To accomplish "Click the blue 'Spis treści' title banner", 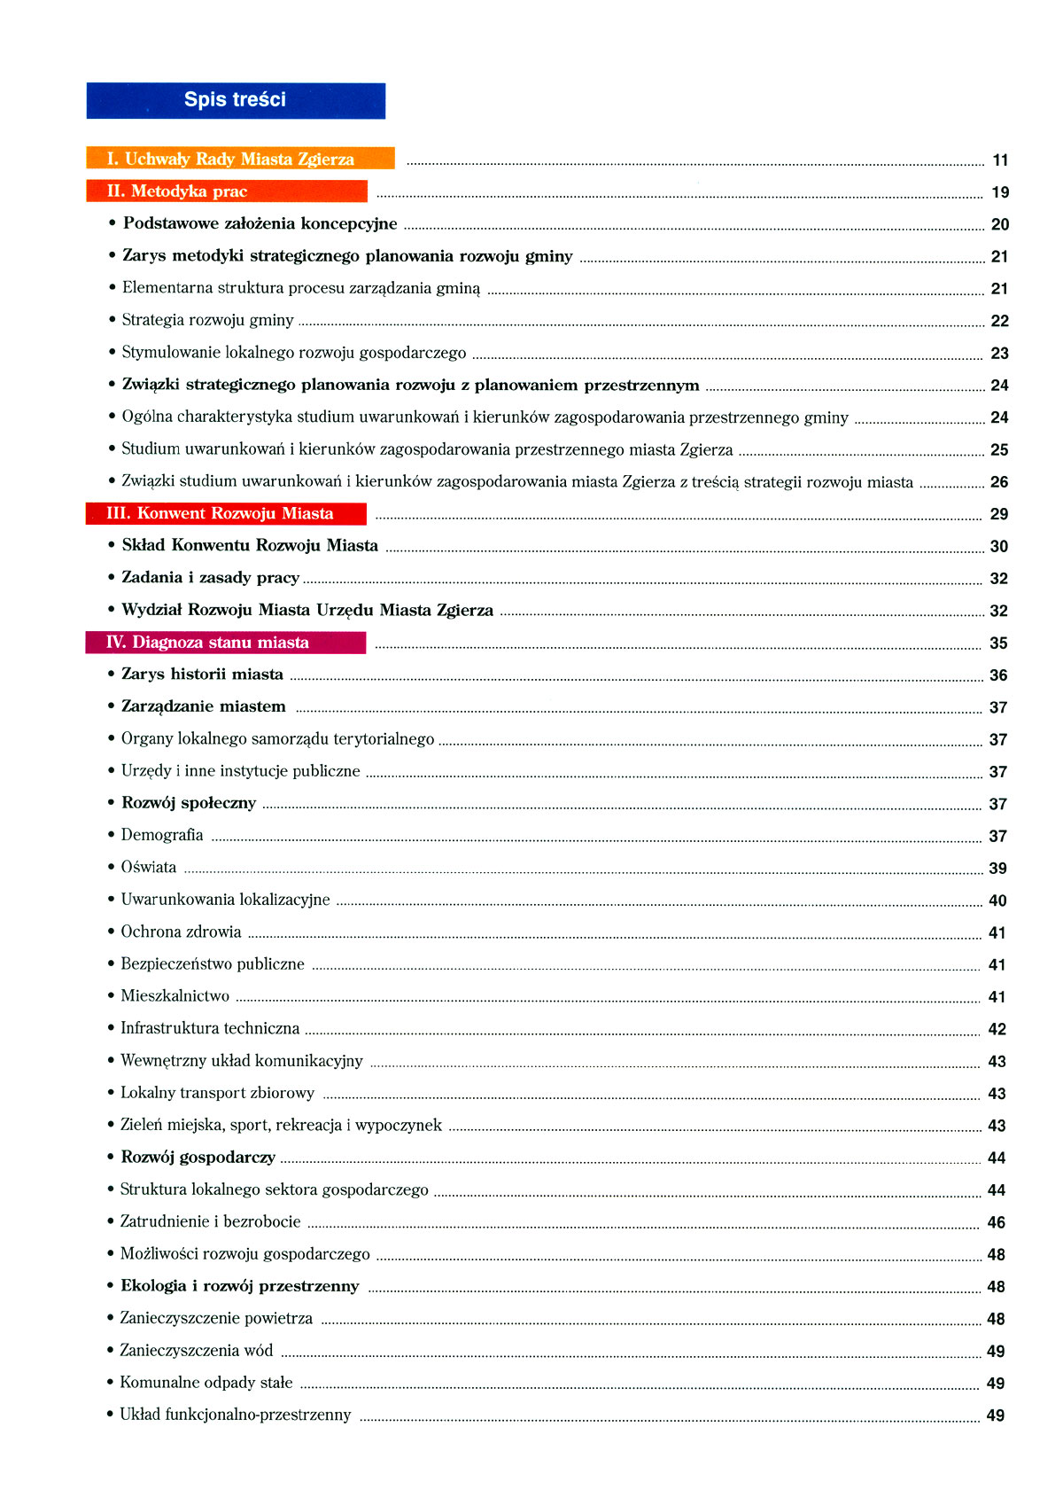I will pyautogui.click(x=236, y=100).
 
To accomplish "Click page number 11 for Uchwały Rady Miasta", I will pyautogui.click(x=1000, y=160).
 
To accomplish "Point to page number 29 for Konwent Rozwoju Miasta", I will pyautogui.click(x=998, y=514).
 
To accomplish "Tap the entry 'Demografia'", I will pyautogui.click(x=162, y=835).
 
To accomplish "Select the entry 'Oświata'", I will pyautogui.click(x=149, y=867).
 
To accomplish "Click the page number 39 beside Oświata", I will pyautogui.click(x=997, y=869).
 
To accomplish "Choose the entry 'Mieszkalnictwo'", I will pyautogui.click(x=175, y=996).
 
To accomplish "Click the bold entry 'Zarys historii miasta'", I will pyautogui.click(x=202, y=675).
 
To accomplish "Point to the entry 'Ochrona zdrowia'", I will pyautogui.click(x=181, y=932).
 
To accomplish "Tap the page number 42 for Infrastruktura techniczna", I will pyautogui.click(x=997, y=1029).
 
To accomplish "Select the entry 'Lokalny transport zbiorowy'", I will pyautogui.click(x=218, y=1093).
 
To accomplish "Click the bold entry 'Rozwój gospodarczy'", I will pyautogui.click(x=198, y=1158).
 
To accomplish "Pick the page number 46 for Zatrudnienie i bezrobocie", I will pyautogui.click(x=996, y=1222).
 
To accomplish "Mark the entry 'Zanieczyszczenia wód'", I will pyautogui.click(x=197, y=1351).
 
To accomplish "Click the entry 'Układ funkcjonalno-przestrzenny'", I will pyautogui.click(x=236, y=1415).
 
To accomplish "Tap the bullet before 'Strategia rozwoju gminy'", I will pyautogui.click(x=113, y=320).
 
